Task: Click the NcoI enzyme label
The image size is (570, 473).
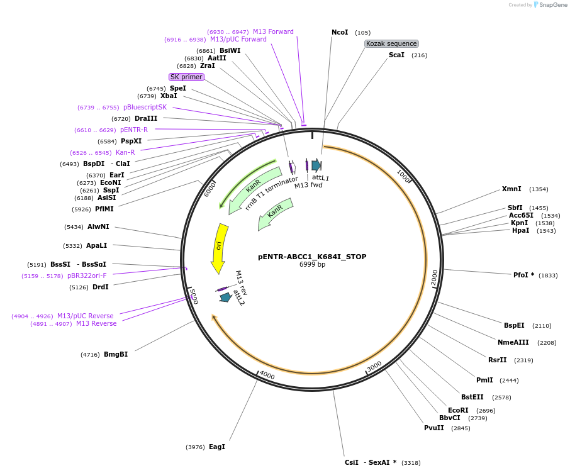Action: coord(340,32)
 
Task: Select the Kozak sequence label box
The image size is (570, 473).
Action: coord(391,43)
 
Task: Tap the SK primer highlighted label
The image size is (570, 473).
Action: coord(186,77)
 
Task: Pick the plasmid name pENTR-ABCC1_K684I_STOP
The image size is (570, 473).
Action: coord(312,257)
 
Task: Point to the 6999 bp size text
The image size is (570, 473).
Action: coord(312,265)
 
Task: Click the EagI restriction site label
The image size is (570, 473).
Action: coord(217,447)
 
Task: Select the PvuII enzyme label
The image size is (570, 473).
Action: coord(434,428)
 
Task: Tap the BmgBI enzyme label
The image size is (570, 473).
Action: coord(116,354)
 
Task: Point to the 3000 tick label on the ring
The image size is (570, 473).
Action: coord(374,366)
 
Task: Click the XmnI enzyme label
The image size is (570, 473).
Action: coord(511,189)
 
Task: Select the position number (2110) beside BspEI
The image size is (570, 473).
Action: coord(542,326)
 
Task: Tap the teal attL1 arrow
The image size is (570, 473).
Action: coord(316,165)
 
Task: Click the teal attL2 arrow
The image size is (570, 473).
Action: coord(225,297)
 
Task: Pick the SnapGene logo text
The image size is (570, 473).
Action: coord(552,5)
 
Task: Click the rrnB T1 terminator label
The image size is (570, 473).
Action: coord(271,193)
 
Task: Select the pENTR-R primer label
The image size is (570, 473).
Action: coord(134,130)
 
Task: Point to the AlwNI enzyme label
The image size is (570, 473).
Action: coord(98,226)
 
